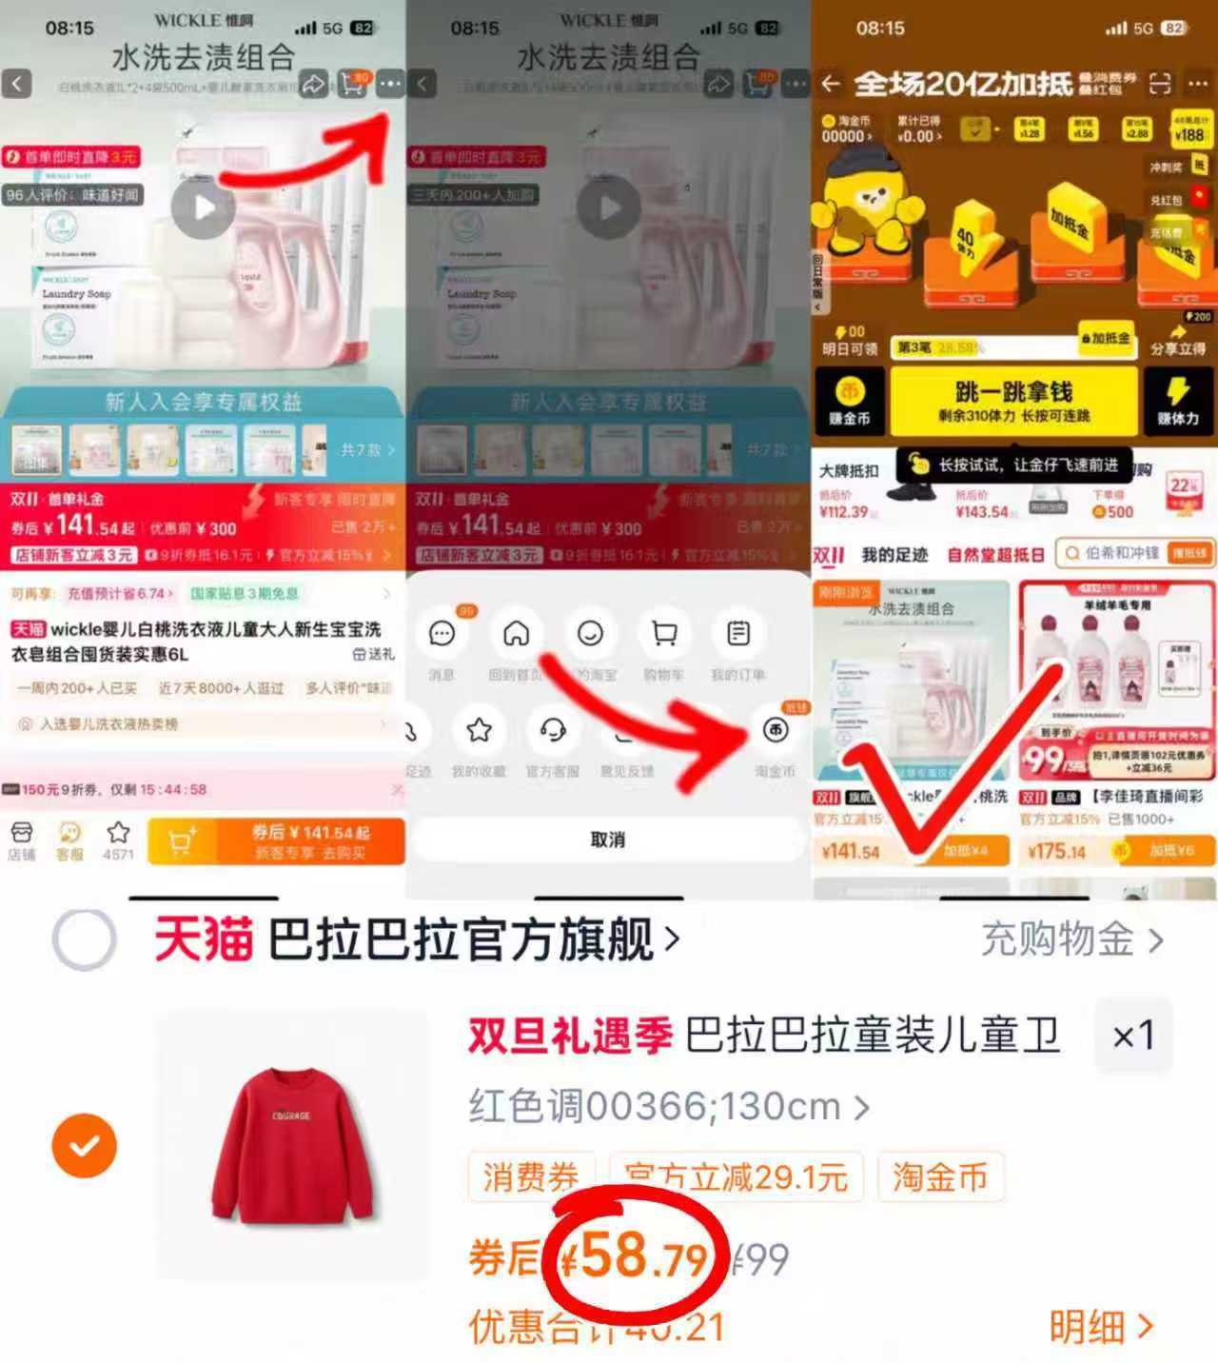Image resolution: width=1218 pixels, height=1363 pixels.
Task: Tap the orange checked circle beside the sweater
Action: pyautogui.click(x=85, y=1145)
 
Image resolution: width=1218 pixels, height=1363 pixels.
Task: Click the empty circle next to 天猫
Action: pyautogui.click(x=85, y=938)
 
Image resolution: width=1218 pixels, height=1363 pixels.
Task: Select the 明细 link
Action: pyautogui.click(x=1100, y=1326)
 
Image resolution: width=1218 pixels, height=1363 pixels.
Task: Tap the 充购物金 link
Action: pyautogui.click(x=1071, y=939)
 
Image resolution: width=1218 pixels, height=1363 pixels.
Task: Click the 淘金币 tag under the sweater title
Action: pyautogui.click(x=939, y=1177)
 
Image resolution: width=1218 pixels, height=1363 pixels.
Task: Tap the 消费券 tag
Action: pyautogui.click(x=530, y=1177)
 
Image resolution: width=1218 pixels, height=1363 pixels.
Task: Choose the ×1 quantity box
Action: pyautogui.click(x=1132, y=1035)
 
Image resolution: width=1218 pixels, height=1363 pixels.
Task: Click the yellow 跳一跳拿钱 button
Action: pyautogui.click(x=1013, y=401)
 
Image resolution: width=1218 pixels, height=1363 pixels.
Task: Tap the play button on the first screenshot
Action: pyautogui.click(x=203, y=207)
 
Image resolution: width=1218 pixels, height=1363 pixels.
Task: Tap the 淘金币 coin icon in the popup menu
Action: pyautogui.click(x=776, y=730)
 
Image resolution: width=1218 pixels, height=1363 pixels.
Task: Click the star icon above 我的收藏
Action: pyautogui.click(x=479, y=730)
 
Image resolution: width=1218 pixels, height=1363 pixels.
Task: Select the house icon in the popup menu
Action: pyautogui.click(x=516, y=633)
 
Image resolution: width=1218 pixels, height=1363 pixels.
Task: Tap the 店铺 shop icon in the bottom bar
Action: pyautogui.click(x=21, y=839)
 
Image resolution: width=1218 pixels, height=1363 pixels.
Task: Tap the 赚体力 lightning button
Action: pyautogui.click(x=1178, y=401)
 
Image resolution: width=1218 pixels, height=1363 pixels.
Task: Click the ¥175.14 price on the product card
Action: pyautogui.click(x=1056, y=851)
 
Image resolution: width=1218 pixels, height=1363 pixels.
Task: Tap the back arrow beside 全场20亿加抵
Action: pyautogui.click(x=831, y=84)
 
